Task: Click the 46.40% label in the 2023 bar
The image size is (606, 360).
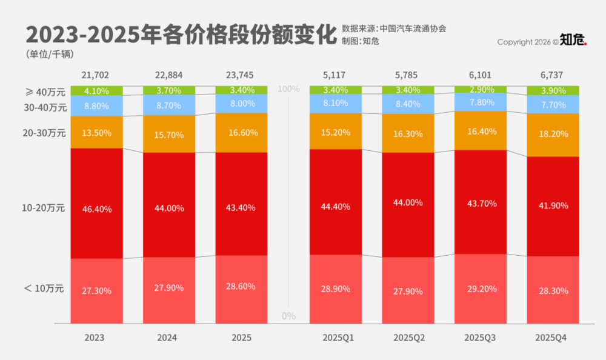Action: coord(96,209)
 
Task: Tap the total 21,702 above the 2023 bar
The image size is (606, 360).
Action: coord(96,75)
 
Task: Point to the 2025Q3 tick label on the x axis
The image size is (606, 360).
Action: coord(481,338)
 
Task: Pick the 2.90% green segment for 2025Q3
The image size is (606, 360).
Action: coord(481,89)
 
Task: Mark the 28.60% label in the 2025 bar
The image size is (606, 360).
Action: coord(241,286)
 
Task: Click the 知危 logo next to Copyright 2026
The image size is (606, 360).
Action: coord(573,41)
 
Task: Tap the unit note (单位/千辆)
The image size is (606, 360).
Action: coord(50,54)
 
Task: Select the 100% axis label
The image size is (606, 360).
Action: coord(288,89)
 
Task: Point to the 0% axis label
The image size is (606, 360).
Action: coord(288,316)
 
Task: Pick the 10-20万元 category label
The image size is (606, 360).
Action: coord(43,208)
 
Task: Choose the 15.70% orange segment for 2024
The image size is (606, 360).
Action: coord(168,135)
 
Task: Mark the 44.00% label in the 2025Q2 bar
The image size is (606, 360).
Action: coord(408,202)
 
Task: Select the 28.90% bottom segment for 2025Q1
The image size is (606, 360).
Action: coord(336,289)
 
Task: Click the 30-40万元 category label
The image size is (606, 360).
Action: coord(43,107)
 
